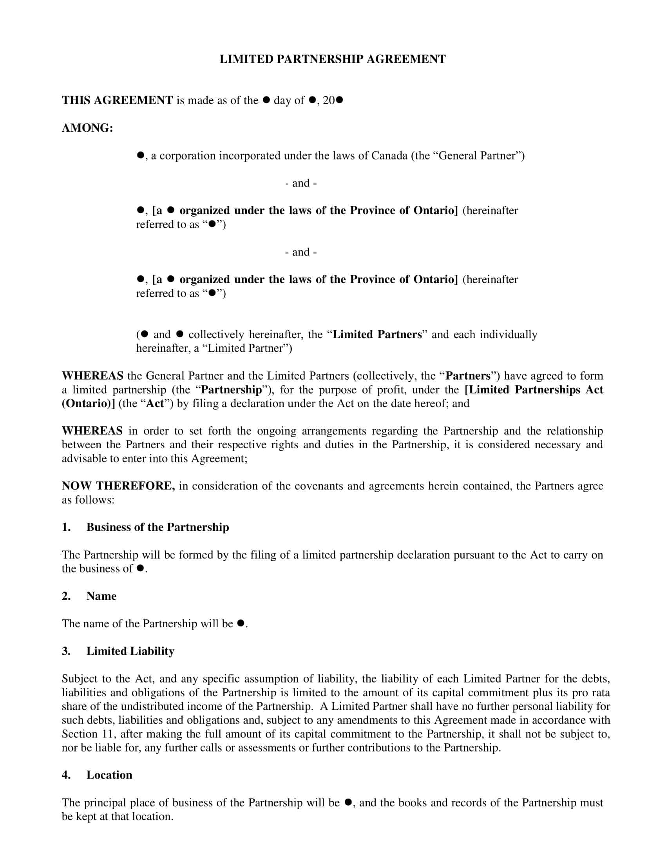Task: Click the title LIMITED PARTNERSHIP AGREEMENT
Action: coord(333,59)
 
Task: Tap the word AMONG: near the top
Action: coord(87,128)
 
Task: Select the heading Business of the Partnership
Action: coord(157,527)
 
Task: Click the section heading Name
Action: coord(101,596)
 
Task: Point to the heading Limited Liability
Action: coord(130,651)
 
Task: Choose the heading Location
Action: coord(109,775)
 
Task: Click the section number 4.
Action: coord(66,775)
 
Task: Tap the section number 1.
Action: coord(66,527)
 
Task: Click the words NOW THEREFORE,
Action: coord(118,486)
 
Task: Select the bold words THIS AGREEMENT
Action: coord(117,100)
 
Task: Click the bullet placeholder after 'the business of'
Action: coord(140,569)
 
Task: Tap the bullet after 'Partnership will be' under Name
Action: coord(241,623)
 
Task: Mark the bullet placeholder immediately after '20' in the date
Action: coord(339,100)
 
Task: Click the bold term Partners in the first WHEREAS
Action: coord(467,376)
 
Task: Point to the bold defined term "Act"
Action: coord(155,403)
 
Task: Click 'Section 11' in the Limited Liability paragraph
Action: coord(85,734)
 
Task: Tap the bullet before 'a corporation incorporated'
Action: coord(140,156)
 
